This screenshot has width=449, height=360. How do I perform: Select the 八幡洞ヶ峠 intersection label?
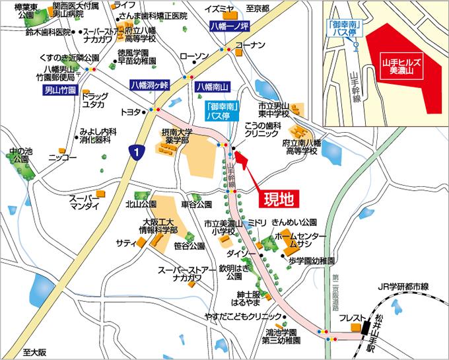point(151,85)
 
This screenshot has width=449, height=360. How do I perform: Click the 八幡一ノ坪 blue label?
point(226,27)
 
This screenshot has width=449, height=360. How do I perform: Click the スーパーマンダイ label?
point(84,202)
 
